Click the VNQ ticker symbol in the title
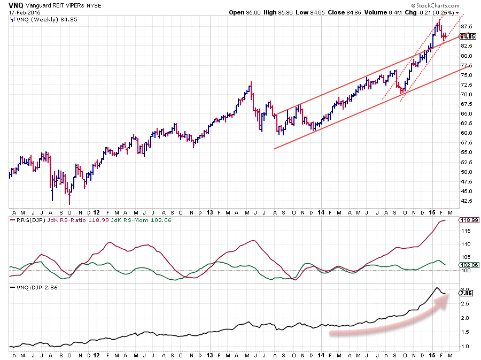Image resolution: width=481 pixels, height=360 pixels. coord(16,4)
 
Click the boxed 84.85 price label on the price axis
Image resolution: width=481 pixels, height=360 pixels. coord(467,36)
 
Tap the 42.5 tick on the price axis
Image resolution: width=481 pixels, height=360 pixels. coord(466,201)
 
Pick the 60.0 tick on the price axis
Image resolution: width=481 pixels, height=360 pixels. coord(466,133)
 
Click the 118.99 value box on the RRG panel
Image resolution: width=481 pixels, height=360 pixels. coord(468,220)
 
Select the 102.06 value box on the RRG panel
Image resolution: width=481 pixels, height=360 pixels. coord(468,264)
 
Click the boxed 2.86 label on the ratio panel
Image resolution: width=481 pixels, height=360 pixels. coord(467,293)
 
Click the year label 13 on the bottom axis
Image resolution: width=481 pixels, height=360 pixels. coord(210,354)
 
